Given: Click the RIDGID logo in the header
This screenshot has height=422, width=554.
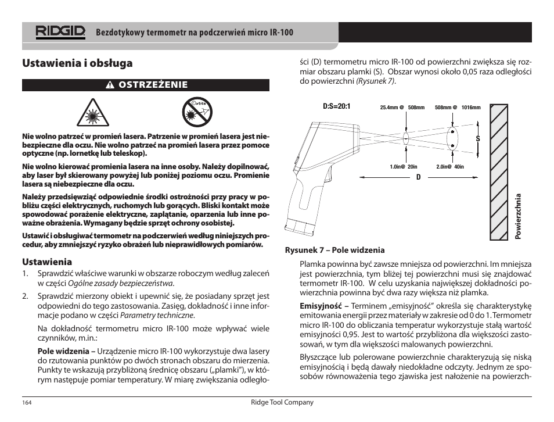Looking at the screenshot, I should tap(60, 32).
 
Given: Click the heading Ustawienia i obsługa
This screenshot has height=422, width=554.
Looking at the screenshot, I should tap(77, 63).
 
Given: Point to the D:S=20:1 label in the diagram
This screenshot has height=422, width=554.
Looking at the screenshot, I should tap(337, 107).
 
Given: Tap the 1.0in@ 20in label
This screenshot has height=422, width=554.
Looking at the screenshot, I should tap(403, 167).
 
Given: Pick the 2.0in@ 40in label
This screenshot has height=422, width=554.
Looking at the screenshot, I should tap(451, 167).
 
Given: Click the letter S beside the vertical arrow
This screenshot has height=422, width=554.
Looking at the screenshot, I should tap(478, 140).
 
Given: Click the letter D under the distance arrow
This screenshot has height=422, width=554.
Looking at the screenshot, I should tap(418, 177).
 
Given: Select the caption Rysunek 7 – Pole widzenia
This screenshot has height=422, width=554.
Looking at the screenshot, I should tap(334, 251).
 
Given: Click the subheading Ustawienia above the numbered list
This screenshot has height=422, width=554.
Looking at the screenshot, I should tap(47, 262).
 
